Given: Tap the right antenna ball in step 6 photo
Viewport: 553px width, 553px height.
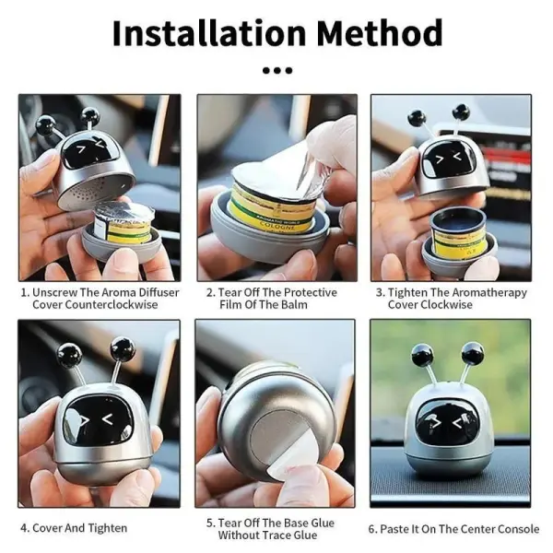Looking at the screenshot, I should (x=473, y=351).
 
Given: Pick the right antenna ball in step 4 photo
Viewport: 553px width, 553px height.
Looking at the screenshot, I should (x=123, y=348).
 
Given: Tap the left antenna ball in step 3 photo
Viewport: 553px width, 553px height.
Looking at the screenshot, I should (x=417, y=119).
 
